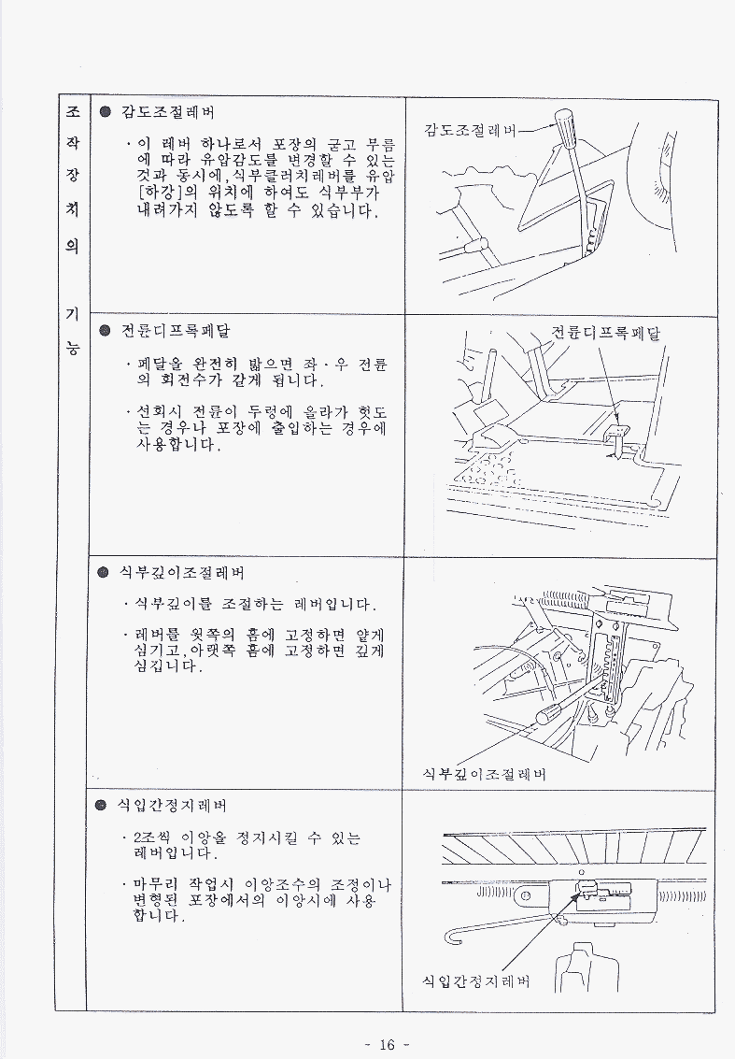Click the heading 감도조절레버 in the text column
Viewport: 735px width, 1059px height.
(x=167, y=112)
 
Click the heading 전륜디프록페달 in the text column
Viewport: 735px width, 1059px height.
(x=176, y=331)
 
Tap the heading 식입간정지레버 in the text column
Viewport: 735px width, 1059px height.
(x=173, y=805)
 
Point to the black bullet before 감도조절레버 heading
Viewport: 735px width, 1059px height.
(x=105, y=112)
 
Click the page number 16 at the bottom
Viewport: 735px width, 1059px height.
(x=387, y=1044)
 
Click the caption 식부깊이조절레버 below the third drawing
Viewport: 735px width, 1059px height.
(x=484, y=774)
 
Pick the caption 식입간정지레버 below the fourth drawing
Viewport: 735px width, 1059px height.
(x=475, y=980)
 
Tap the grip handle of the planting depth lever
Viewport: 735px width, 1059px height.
(x=550, y=714)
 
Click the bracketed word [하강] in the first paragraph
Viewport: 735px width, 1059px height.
(x=161, y=193)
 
